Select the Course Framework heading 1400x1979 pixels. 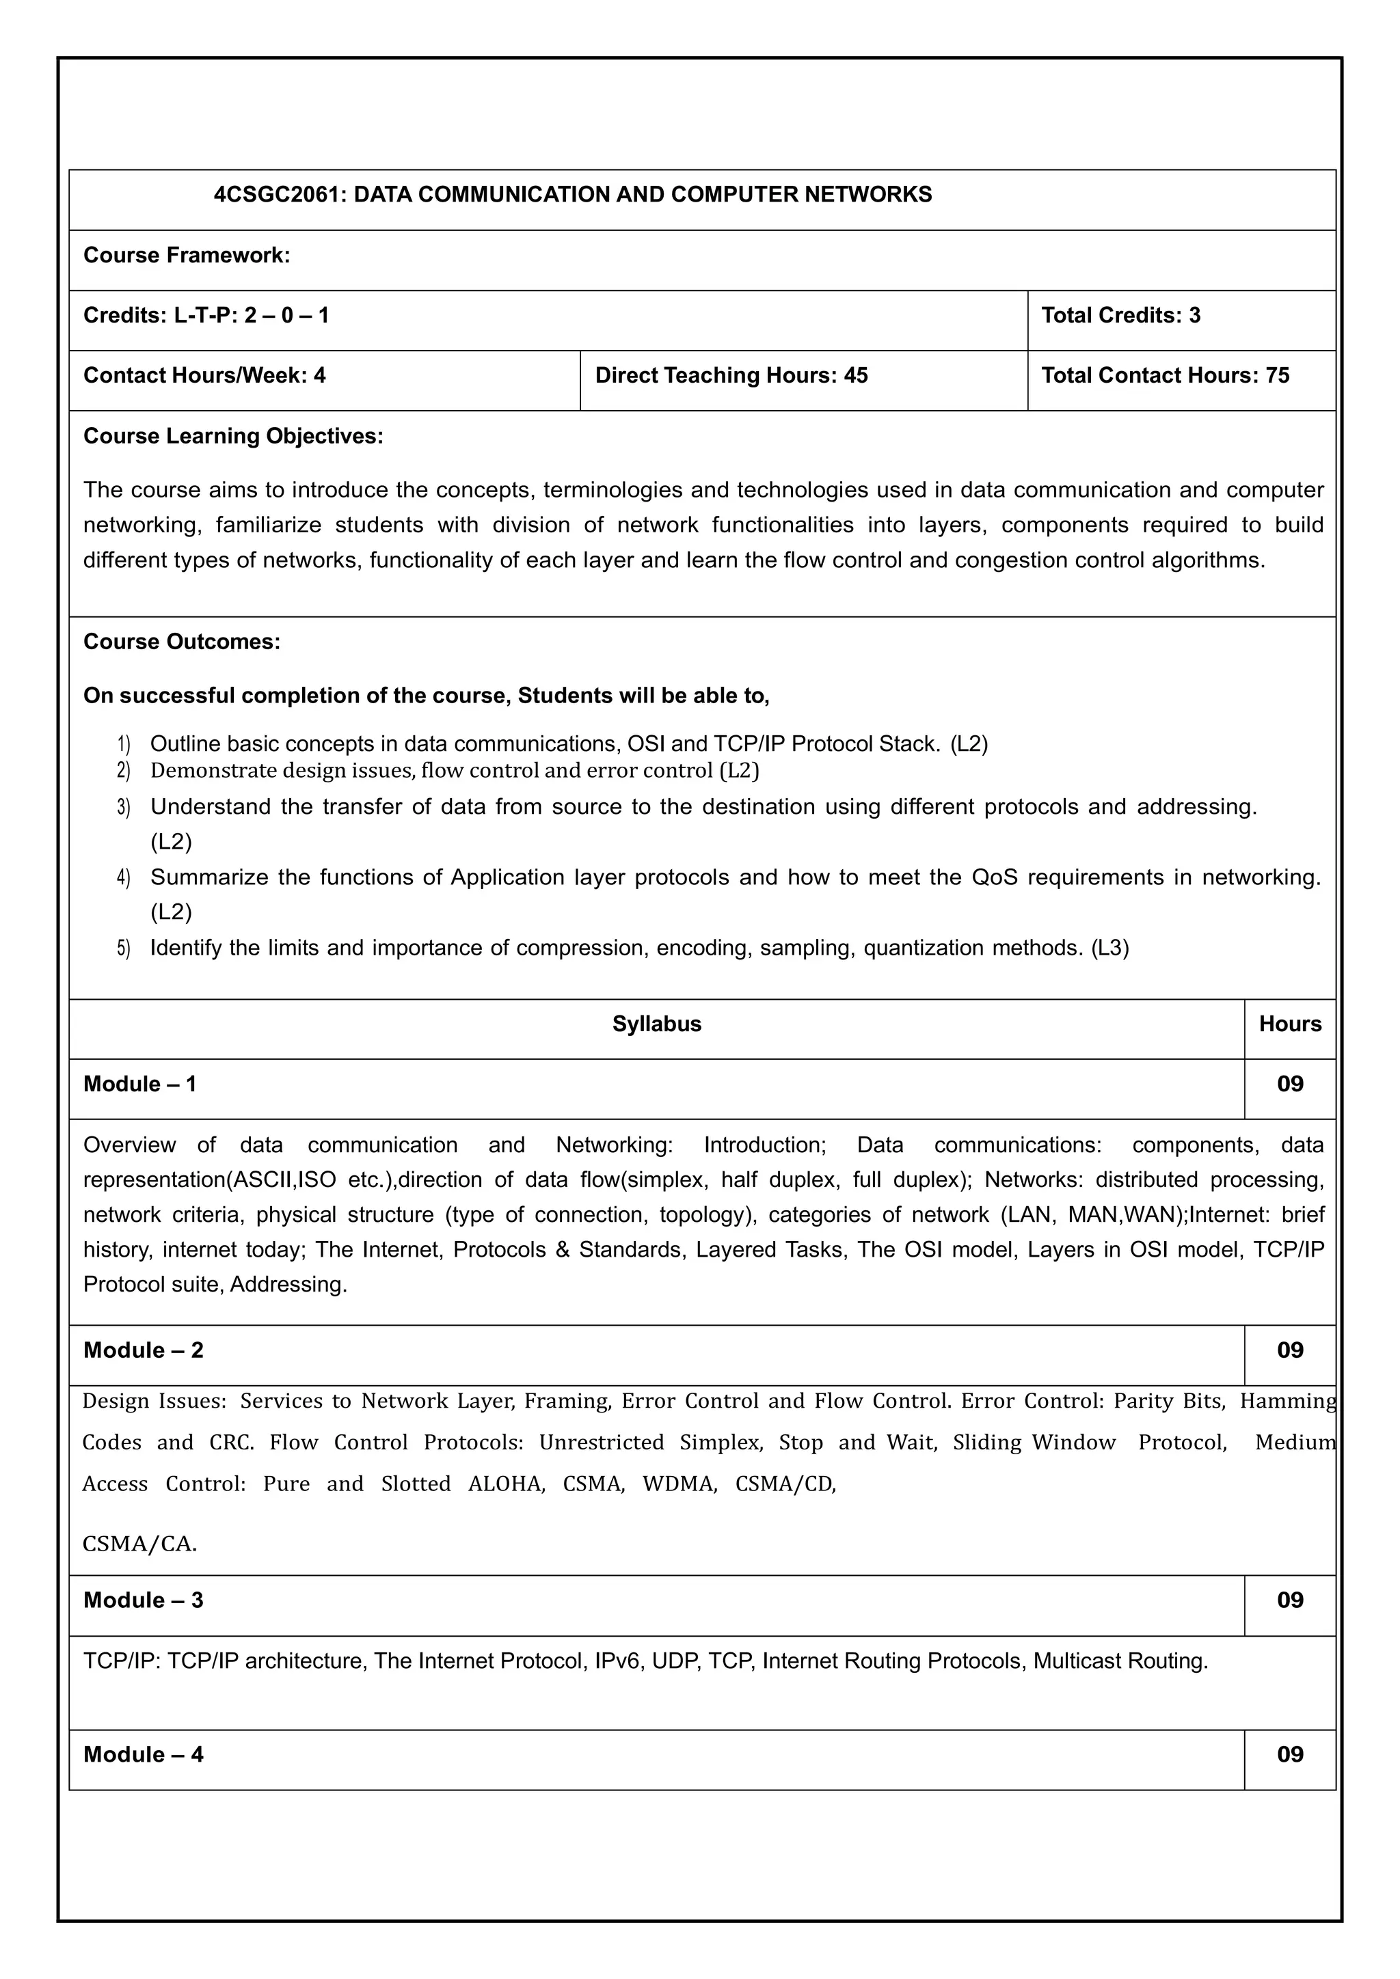(x=186, y=255)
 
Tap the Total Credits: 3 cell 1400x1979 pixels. (x=1120, y=316)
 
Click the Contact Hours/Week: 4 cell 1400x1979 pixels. (x=204, y=376)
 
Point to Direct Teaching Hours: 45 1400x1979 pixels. (x=731, y=376)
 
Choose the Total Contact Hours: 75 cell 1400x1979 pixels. (x=1165, y=376)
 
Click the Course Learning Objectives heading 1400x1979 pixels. (x=232, y=436)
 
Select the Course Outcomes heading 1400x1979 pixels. (x=182, y=642)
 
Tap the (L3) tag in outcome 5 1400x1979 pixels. (x=1109, y=948)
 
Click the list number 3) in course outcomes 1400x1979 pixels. (x=123, y=808)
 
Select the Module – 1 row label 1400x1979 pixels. (x=139, y=1084)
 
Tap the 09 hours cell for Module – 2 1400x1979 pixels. (x=1290, y=1350)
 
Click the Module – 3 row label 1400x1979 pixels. (x=143, y=1600)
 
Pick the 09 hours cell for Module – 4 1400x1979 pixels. (x=1290, y=1755)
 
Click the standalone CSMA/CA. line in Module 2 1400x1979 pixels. (x=139, y=1544)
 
